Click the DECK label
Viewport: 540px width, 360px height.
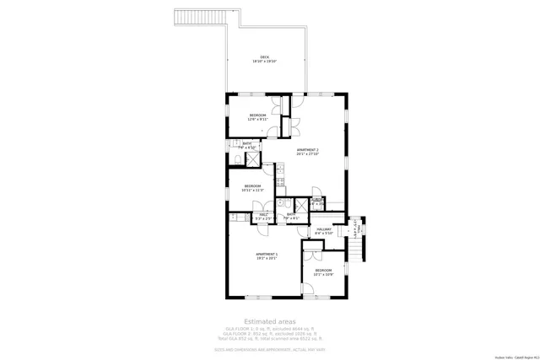pyautogui.click(x=264, y=58)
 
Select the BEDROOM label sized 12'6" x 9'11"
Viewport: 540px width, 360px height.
pyautogui.click(x=256, y=116)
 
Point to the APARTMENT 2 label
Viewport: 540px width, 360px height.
pyautogui.click(x=307, y=151)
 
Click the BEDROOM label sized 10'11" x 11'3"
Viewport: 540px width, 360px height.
pyautogui.click(x=253, y=187)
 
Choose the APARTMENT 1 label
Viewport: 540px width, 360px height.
pyautogui.click(x=267, y=255)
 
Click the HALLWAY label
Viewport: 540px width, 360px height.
pyautogui.click(x=324, y=229)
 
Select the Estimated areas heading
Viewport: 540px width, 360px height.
pyautogui.click(x=269, y=321)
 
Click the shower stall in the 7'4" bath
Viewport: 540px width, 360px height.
pyautogui.click(x=251, y=157)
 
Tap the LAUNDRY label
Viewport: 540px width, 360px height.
pyautogui.click(x=317, y=201)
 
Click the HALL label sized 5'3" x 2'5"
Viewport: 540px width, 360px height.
pyautogui.click(x=264, y=216)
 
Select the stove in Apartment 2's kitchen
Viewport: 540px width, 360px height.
pyautogui.click(x=280, y=181)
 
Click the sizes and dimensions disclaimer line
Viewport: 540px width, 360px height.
pyautogui.click(x=269, y=348)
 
